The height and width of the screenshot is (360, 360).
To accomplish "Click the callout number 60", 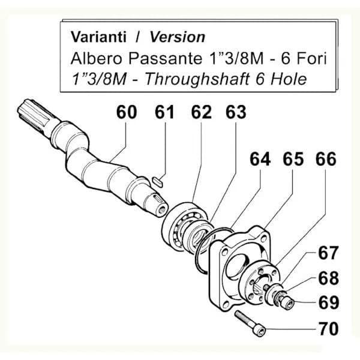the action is pyautogui.click(x=127, y=112).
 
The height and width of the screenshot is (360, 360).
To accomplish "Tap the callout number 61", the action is pyautogui.click(x=164, y=112).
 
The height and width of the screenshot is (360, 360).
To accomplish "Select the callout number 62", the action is pyautogui.click(x=202, y=112).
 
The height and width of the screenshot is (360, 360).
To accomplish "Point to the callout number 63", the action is pyautogui.click(x=236, y=112).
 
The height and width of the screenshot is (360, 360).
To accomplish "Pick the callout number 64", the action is pyautogui.click(x=260, y=159).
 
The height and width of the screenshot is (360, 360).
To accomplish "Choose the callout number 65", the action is pyautogui.click(x=293, y=159).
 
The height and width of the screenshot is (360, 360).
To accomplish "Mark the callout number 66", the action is pyautogui.click(x=326, y=159).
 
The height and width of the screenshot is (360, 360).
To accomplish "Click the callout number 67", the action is pyautogui.click(x=328, y=253).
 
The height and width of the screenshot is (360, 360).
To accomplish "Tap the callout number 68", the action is pyautogui.click(x=329, y=278).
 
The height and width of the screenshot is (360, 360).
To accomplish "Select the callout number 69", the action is pyautogui.click(x=329, y=302).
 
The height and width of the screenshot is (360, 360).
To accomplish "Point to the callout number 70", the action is pyautogui.click(x=329, y=329).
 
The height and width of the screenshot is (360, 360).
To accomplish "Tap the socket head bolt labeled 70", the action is pyautogui.click(x=250, y=323).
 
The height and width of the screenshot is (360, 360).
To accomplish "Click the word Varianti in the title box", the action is pyautogui.click(x=98, y=37).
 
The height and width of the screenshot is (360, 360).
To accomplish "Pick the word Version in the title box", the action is pyautogui.click(x=178, y=37).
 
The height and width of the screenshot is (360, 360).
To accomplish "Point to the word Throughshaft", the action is pyautogui.click(x=197, y=79).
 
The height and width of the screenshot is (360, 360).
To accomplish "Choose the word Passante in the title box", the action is pyautogui.click(x=165, y=58).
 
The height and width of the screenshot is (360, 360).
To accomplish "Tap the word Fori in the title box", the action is pyautogui.click(x=312, y=58).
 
